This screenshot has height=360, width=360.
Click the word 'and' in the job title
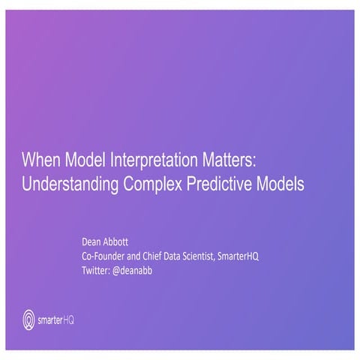[x=139, y=256]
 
